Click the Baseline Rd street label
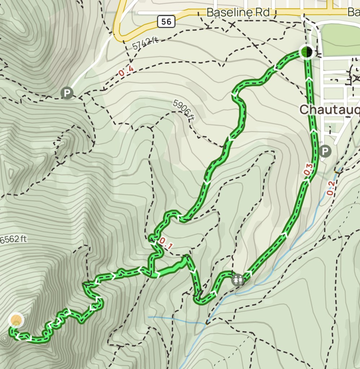tap(238, 12)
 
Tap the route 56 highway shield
tap(166, 22)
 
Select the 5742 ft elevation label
tap(145, 44)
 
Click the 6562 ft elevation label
tap(14, 239)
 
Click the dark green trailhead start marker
tap(306, 52)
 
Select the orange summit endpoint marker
tap(16, 320)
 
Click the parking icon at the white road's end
tap(67, 93)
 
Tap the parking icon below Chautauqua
tap(325, 151)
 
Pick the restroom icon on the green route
tap(237, 279)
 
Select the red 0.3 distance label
tap(307, 170)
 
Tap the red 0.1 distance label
tap(166, 244)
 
